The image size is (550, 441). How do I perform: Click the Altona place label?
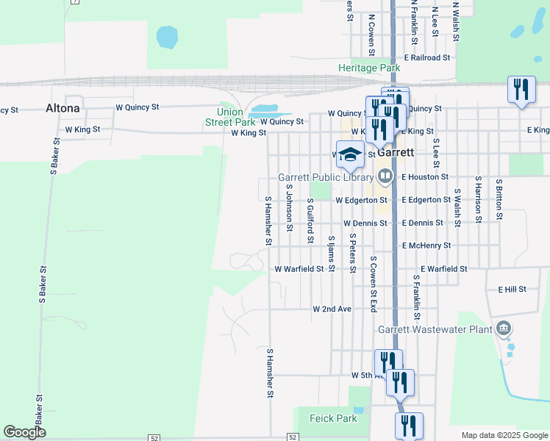tap(63, 108)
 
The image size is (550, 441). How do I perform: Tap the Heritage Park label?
tap(369, 68)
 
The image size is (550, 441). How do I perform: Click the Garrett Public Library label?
tap(324, 177)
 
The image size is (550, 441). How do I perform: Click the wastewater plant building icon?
tap(504, 328)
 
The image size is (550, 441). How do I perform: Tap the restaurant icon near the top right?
tap(521, 90)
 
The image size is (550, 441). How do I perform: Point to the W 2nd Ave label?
tap(332, 309)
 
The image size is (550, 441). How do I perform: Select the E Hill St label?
tap(512, 290)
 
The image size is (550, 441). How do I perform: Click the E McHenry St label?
tap(436, 245)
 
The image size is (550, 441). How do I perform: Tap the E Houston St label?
tap(425, 177)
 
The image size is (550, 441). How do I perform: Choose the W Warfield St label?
tap(299, 269)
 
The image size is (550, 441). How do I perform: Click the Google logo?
tap(24, 432)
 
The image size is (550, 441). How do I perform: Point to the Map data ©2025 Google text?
tap(504, 435)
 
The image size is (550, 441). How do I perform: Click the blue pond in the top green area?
tap(168, 35)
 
